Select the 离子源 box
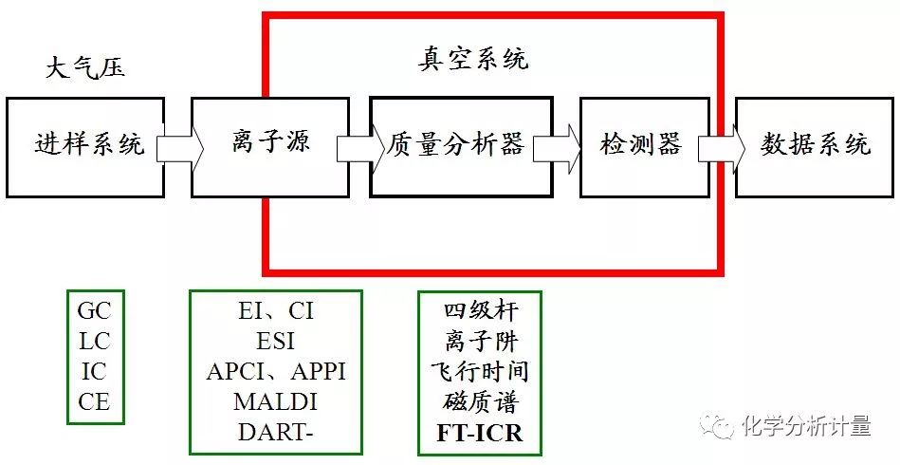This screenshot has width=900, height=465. (x=269, y=146)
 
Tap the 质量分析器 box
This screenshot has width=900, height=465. (x=460, y=146)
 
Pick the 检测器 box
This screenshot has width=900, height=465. (x=643, y=146)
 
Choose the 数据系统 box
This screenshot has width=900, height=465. (x=816, y=146)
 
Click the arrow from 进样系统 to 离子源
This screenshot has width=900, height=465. (x=179, y=148)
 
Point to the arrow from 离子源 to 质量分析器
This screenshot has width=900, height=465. (x=358, y=148)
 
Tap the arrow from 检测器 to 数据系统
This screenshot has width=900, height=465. (x=722, y=148)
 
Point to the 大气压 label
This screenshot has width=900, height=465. (x=85, y=69)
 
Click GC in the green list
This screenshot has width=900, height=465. (x=94, y=311)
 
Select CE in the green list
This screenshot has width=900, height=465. (x=94, y=401)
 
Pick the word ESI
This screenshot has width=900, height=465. (x=276, y=340)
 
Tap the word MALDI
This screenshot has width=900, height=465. (x=276, y=401)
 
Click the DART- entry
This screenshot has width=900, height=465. (x=276, y=431)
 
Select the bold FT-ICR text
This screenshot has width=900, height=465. (x=480, y=433)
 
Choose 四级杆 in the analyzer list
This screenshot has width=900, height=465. (x=480, y=310)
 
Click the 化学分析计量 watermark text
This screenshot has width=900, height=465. (x=806, y=426)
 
